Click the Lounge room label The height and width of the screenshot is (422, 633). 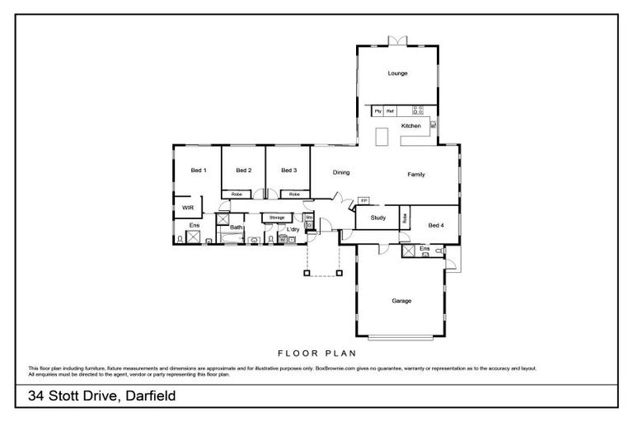point(398,73)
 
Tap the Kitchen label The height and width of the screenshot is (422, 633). point(410,126)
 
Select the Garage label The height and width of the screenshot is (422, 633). point(401,301)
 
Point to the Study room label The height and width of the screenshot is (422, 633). point(378,218)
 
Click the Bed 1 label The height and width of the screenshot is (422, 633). point(198,171)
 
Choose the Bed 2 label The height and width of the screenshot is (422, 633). point(243,171)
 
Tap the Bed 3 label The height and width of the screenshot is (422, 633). point(288,171)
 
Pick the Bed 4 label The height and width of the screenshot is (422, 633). point(436,225)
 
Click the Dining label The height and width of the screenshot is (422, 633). point(341,173)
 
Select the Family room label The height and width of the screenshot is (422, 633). point(416,174)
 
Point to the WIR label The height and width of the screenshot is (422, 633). point(188,209)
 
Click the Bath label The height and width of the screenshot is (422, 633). point(236,227)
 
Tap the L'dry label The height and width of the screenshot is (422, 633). point(293,229)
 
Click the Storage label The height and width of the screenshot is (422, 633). point(276,218)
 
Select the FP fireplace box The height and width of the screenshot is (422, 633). point(363,200)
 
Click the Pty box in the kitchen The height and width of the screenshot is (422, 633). point(378,110)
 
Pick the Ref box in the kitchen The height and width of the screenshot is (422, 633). point(391,110)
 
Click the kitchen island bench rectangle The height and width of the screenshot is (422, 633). point(382,137)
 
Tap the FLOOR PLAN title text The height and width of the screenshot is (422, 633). point(316,351)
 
